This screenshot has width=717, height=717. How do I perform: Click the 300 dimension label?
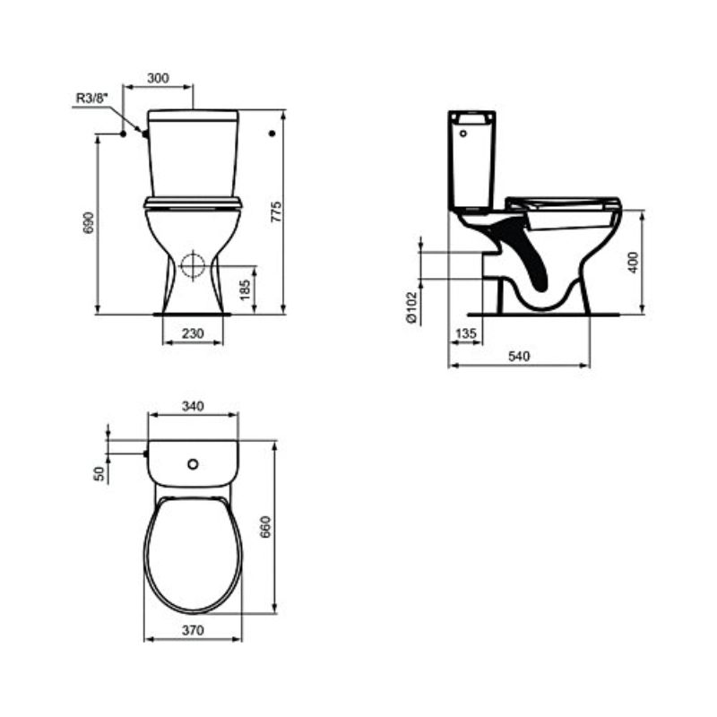pyautogui.click(x=158, y=78)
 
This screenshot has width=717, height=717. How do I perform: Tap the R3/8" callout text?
pyautogui.click(x=92, y=99)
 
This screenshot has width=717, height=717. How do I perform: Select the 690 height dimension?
pyautogui.click(x=88, y=222)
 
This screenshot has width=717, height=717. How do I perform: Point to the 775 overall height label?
pyautogui.click(x=276, y=212)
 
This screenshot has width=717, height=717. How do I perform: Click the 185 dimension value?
pyautogui.click(x=245, y=289)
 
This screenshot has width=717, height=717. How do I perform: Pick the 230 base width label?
pyautogui.click(x=193, y=333)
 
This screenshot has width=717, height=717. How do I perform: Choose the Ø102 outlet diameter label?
pyautogui.click(x=412, y=307)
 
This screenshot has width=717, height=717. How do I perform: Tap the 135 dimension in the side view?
pyautogui.click(x=466, y=333)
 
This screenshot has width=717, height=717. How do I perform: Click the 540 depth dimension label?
pyautogui.click(x=519, y=356)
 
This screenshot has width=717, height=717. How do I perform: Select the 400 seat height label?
pyautogui.click(x=633, y=263)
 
